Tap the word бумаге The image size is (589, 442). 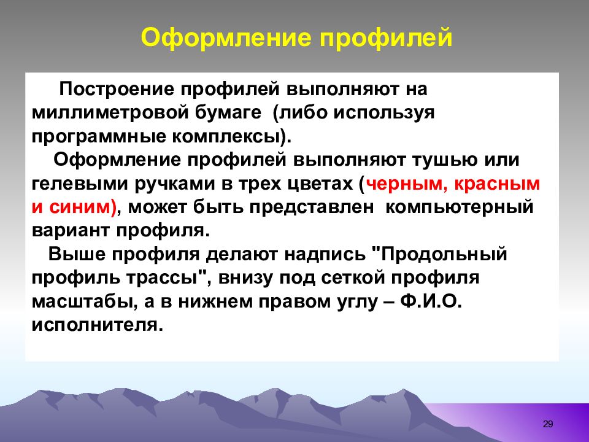[228, 113]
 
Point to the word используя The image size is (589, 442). [384, 114]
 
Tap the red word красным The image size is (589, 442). [497, 184]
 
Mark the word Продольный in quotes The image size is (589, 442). [444, 255]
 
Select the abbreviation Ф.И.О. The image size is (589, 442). [431, 301]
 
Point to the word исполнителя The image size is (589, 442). [98, 325]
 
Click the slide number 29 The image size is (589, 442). [548, 424]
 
